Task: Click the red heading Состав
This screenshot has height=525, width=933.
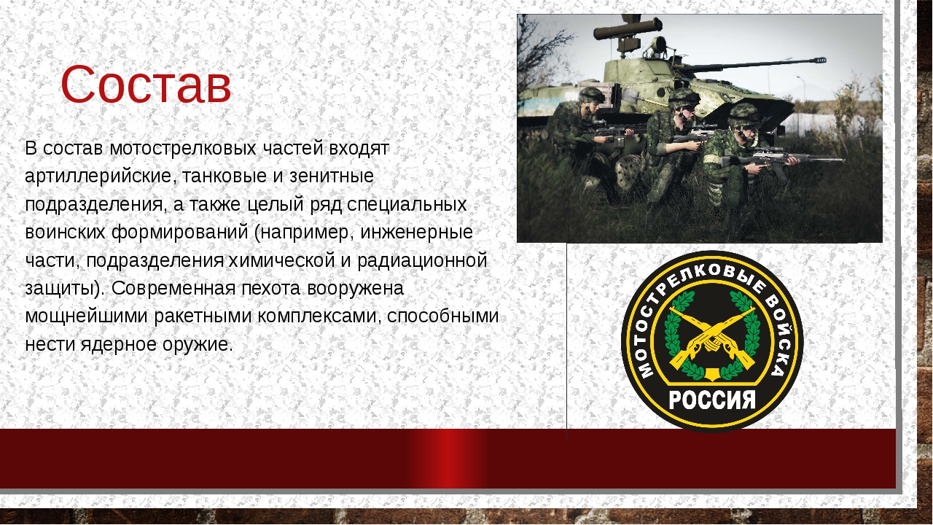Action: [x=146, y=84]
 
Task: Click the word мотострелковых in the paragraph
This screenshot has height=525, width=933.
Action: [x=183, y=148]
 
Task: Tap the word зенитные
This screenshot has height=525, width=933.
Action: [x=332, y=176]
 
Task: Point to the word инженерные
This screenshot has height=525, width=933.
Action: [x=416, y=233]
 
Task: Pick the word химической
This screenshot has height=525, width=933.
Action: [x=281, y=260]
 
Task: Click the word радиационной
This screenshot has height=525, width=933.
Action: [x=422, y=261]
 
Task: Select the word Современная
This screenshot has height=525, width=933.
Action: [x=173, y=288]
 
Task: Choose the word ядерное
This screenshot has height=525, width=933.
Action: [x=118, y=345]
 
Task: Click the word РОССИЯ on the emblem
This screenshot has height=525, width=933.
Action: [x=712, y=401]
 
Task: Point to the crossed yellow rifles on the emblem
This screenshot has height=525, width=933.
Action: [x=712, y=338]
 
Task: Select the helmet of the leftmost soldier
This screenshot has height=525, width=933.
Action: [x=592, y=96]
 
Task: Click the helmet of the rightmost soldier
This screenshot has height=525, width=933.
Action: [x=744, y=115]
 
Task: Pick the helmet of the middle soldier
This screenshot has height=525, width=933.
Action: [x=684, y=98]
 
